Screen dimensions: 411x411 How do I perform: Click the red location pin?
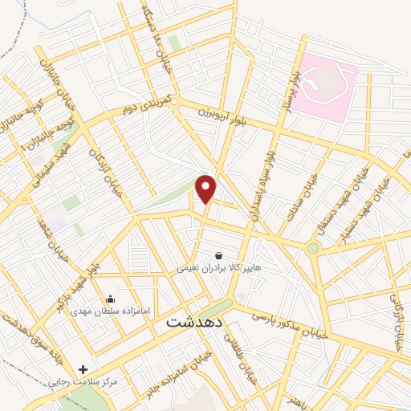click(206, 188)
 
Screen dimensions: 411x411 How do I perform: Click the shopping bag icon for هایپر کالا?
click(218, 256)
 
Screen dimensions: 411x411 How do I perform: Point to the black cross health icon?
click(83, 368)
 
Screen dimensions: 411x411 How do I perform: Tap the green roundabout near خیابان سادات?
click(313, 248)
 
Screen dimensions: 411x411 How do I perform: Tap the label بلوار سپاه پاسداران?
click(262, 181)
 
